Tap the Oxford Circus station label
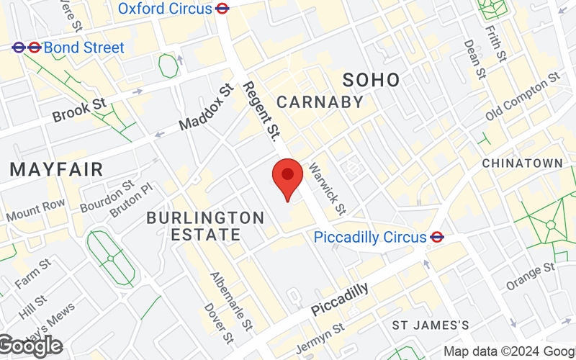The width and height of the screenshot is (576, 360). pos(165,9)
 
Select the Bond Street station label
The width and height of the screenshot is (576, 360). pos(84,48)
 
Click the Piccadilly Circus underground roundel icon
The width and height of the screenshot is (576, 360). pos(437,237)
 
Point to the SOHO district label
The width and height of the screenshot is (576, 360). pos(371,79)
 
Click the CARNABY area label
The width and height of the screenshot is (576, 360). pos(320,102)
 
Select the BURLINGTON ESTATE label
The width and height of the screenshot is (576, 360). pos(205,225)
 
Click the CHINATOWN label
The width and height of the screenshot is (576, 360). pos(522,163)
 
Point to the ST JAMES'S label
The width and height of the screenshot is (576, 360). pos(431,325)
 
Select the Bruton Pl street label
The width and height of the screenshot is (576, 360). pos(132,199)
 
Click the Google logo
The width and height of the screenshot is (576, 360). pos(30,346)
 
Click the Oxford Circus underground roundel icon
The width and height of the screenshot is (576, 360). pos(223,9)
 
